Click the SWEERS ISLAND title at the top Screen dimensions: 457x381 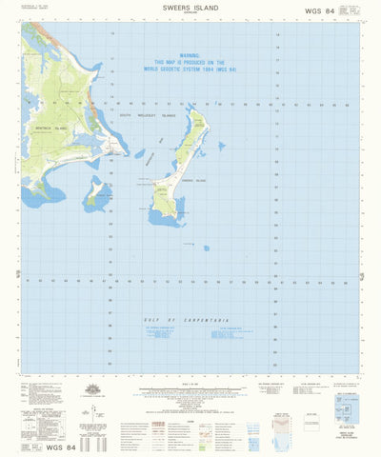pos(190,6)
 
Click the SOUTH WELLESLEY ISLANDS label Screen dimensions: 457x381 pos(148,115)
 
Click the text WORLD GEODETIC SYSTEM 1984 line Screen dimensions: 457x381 pos(188,69)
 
